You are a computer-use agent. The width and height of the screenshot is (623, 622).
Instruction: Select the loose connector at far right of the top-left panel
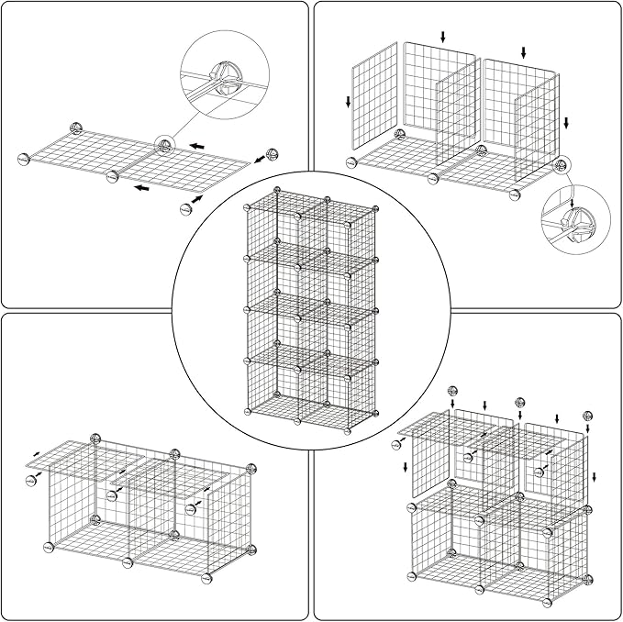click(x=271, y=154)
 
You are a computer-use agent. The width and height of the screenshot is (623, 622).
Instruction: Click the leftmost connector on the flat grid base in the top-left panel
click(x=23, y=160)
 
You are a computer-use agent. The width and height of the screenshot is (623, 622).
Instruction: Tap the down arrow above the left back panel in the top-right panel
click(x=443, y=37)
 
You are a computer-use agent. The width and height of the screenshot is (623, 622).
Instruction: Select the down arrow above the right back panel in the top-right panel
click(x=524, y=52)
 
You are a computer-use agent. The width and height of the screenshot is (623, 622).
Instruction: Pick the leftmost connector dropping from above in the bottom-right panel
click(x=452, y=393)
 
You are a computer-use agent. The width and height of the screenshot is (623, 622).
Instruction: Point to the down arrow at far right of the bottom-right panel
click(x=595, y=476)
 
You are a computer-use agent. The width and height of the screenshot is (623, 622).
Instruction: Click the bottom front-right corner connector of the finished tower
click(x=348, y=428)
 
